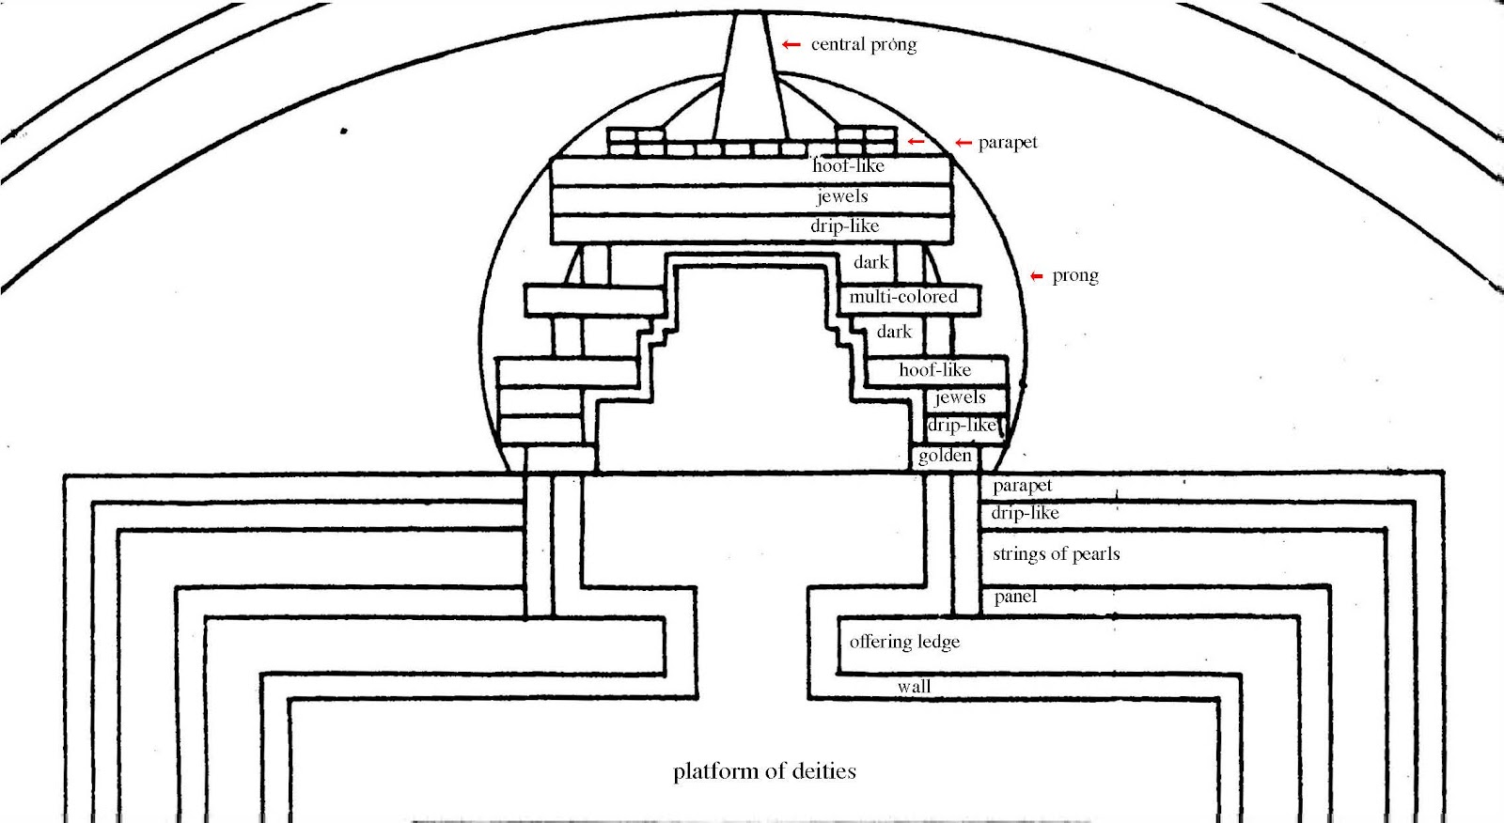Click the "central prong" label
(863, 44)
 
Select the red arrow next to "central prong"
(791, 44)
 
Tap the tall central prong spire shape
(748, 85)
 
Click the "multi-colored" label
(903, 297)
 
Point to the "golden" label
(945, 456)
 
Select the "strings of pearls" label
(1056, 553)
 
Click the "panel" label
(1015, 597)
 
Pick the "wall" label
(914, 687)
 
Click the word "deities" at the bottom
(823, 771)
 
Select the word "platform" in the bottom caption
(715, 771)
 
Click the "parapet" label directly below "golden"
(1022, 486)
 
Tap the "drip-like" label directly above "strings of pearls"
(1025, 513)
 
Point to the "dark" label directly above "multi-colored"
(870, 262)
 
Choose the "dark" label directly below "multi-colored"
(894, 332)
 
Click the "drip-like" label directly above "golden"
(962, 426)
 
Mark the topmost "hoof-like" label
(848, 166)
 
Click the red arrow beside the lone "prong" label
(1037, 276)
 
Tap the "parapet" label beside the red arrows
(1008, 143)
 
